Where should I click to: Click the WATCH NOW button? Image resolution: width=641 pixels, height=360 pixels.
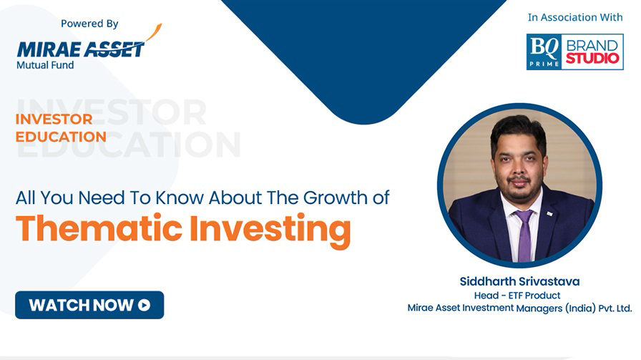click(x=89, y=305)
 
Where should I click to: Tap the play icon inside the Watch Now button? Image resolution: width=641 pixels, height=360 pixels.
click(x=144, y=305)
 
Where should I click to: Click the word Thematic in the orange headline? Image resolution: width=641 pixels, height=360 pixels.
click(x=99, y=228)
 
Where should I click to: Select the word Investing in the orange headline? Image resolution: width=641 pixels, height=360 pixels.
click(x=270, y=230)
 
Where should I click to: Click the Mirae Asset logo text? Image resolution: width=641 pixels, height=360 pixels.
click(x=81, y=49)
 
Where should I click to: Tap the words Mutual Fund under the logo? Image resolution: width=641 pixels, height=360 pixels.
click(x=45, y=65)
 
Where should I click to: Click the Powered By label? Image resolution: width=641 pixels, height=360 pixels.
click(x=89, y=24)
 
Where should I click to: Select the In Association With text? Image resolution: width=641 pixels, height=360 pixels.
click(x=575, y=17)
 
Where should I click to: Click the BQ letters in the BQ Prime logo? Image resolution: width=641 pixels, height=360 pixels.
click(x=544, y=48)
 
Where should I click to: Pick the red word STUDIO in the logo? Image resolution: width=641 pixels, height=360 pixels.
click(x=592, y=58)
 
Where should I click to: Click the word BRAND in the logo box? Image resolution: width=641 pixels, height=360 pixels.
click(x=592, y=45)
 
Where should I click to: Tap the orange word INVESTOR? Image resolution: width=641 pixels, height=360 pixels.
click(x=54, y=119)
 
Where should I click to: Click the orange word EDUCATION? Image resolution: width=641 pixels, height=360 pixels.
click(x=61, y=137)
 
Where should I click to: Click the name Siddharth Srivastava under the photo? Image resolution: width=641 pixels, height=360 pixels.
click(x=519, y=281)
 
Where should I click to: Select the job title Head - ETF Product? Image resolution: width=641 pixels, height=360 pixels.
click(x=517, y=296)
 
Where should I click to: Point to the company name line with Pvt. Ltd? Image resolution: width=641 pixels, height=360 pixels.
click(x=519, y=308)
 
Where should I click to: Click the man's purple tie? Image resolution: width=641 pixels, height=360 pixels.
click(x=524, y=236)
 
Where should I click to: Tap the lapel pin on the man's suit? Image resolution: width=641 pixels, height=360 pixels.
click(x=550, y=213)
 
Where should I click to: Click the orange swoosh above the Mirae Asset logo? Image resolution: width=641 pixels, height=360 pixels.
click(x=154, y=32)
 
